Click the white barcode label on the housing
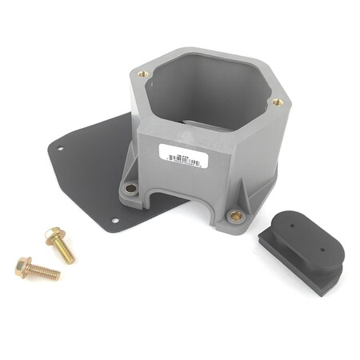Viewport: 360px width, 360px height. [185, 156]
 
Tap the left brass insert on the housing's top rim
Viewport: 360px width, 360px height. [143, 74]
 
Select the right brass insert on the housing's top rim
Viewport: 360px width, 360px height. [277, 102]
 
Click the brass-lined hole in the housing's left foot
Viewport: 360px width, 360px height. [131, 188]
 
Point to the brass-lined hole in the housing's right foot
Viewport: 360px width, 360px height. [235, 215]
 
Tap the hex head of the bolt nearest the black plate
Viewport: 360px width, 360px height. [53, 235]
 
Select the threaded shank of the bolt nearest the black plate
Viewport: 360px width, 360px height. [66, 251]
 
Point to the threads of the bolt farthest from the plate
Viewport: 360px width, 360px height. [46, 273]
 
